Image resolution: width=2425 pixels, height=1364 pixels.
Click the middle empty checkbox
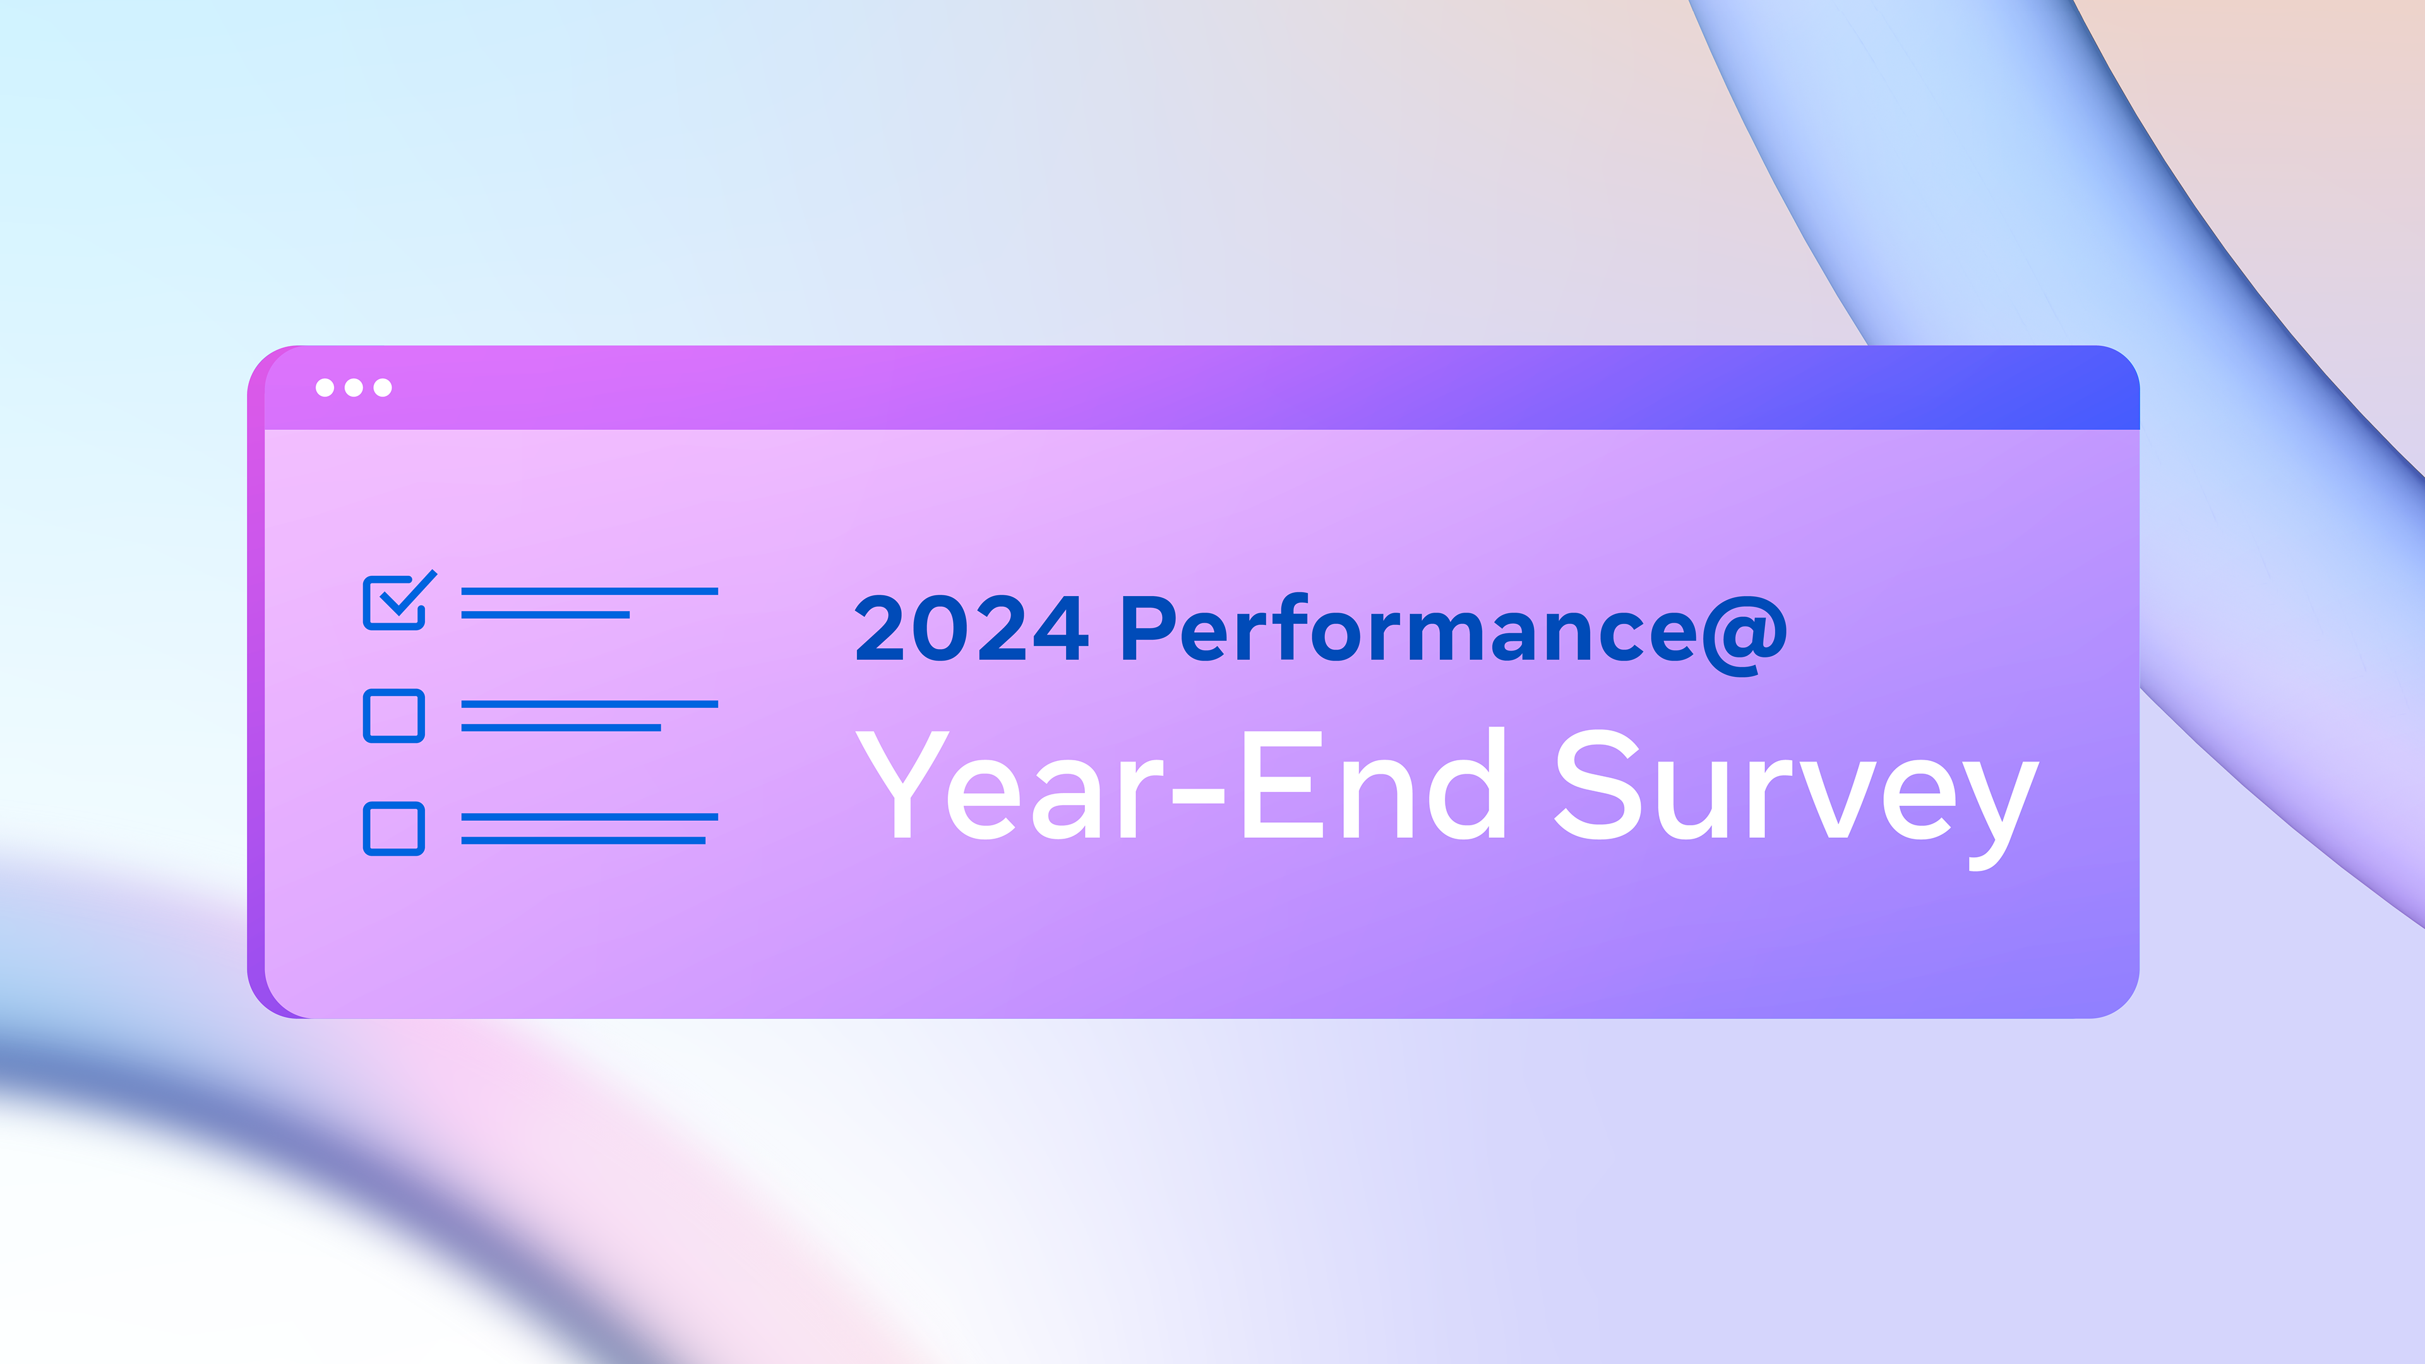(393, 715)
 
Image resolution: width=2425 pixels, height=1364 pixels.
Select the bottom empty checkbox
(393, 829)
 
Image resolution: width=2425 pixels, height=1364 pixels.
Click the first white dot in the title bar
(325, 388)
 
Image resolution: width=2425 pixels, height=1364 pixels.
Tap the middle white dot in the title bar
(354, 388)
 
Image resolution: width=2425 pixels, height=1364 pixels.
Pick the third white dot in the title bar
(382, 388)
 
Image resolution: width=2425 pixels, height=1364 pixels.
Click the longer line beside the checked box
(589, 591)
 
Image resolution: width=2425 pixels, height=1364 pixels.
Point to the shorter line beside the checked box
(545, 614)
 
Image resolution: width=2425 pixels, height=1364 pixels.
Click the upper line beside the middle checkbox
(589, 704)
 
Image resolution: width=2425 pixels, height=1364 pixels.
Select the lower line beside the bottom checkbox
(583, 841)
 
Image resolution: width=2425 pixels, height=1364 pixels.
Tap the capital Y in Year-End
(901, 784)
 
